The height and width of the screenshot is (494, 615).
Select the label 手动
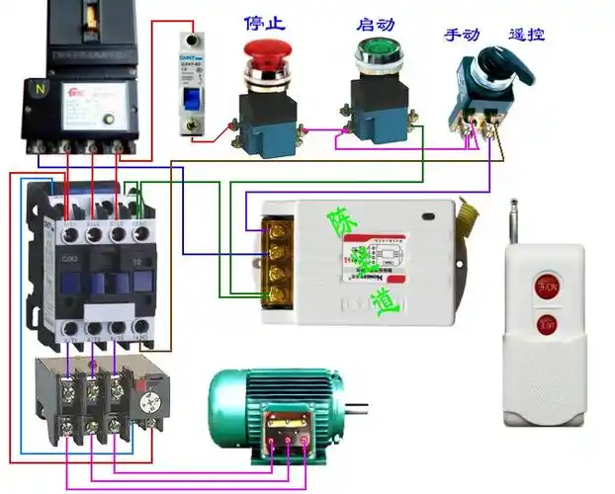pyautogui.click(x=462, y=35)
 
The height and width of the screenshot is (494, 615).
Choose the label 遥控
pyautogui.click(x=527, y=35)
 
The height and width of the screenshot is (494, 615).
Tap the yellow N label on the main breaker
pyautogui.click(x=41, y=86)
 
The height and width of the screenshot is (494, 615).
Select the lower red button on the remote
pyautogui.click(x=546, y=322)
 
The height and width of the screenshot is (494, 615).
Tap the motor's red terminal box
pyautogui.click(x=291, y=435)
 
